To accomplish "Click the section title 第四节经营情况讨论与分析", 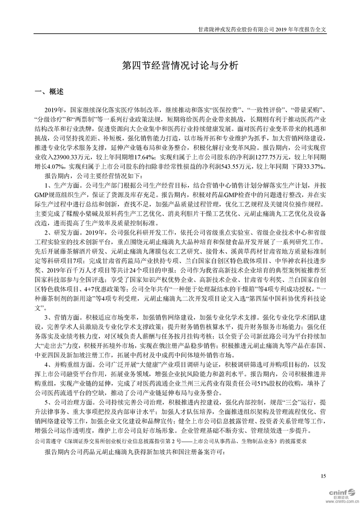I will pyautogui.click(x=180, y=65).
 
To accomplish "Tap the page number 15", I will pyautogui.click(x=323, y=475).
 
